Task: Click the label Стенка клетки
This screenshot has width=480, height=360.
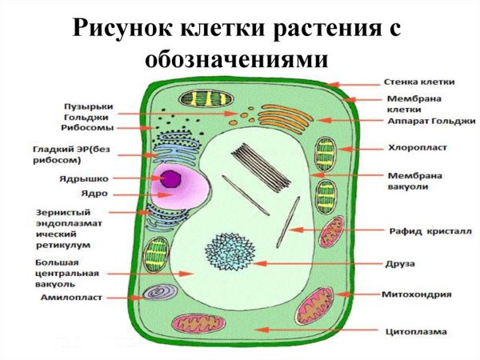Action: coord(418,82)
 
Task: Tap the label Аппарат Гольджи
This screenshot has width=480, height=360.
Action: coord(430,121)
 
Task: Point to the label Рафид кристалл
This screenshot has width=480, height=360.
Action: coord(423,231)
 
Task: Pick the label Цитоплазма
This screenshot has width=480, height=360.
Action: coord(416,330)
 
